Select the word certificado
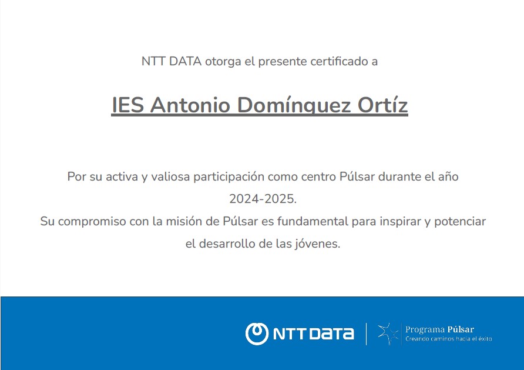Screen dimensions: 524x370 click(x=339, y=61)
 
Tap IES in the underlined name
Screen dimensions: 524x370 click(x=127, y=105)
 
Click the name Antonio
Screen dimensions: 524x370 click(x=190, y=105)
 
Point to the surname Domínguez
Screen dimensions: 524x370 click(x=294, y=106)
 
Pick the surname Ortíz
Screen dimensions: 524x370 click(x=382, y=105)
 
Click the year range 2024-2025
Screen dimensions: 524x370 click(x=263, y=199)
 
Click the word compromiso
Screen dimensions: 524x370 click(x=92, y=222)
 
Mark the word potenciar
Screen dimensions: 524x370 click(x=460, y=222)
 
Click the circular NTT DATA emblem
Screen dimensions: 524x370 click(x=257, y=334)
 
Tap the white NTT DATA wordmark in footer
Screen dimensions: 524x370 click(x=314, y=334)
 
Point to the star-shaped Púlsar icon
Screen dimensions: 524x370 click(x=388, y=334)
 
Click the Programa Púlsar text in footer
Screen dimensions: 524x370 click(x=439, y=329)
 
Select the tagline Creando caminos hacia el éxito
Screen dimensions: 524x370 click(x=448, y=339)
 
